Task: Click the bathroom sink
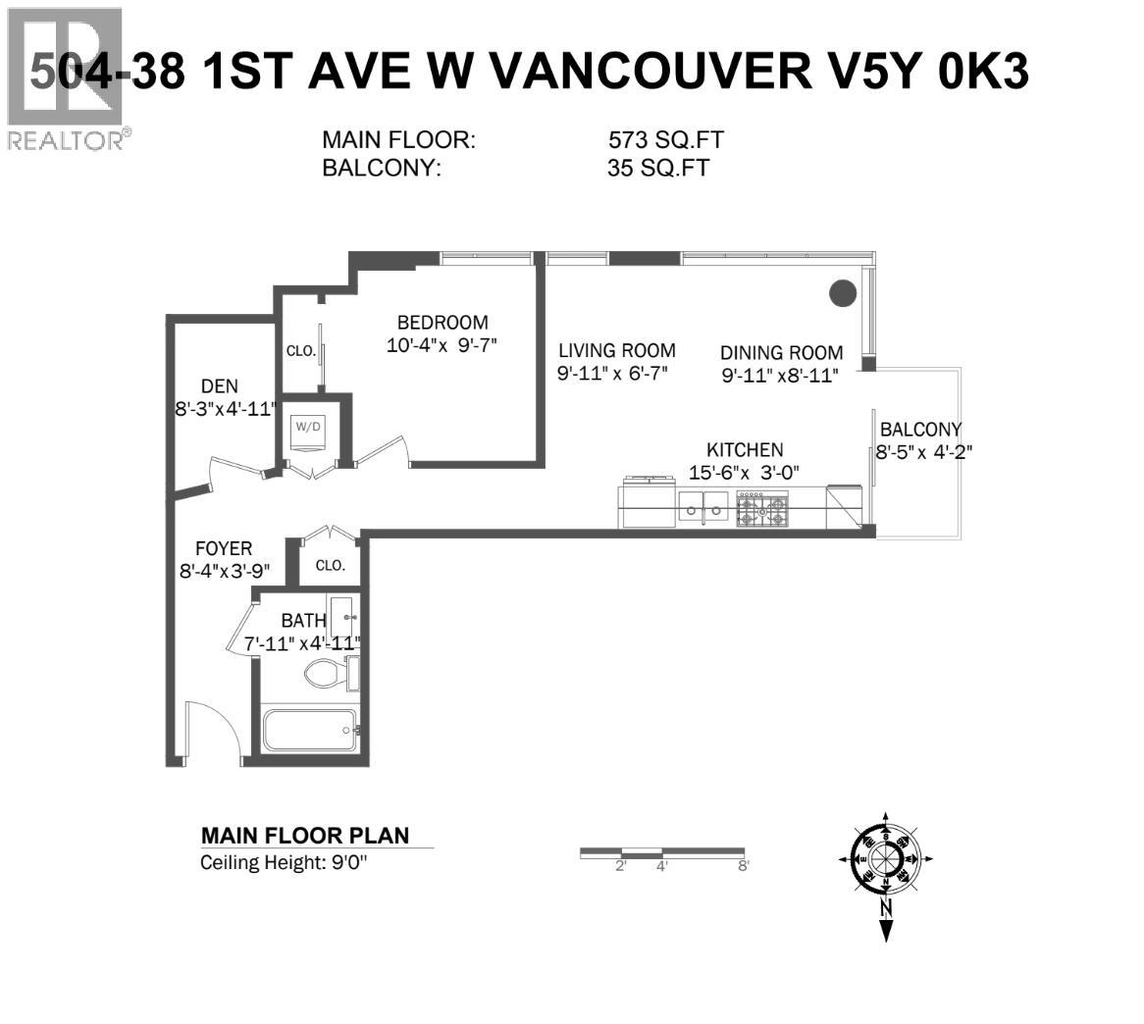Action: click(x=342, y=616)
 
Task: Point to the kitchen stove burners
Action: click(x=762, y=510)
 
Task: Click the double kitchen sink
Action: click(x=703, y=507)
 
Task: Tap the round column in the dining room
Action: click(x=843, y=292)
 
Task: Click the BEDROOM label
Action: click(x=442, y=322)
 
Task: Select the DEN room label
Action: click(x=219, y=386)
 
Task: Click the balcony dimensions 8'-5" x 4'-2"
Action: click(x=923, y=451)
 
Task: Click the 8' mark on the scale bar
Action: click(x=744, y=865)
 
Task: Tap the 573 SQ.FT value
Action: click(x=666, y=141)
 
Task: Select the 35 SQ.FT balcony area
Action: click(x=657, y=168)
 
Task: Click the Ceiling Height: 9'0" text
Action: click(x=287, y=863)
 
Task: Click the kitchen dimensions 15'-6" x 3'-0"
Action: click(x=746, y=472)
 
